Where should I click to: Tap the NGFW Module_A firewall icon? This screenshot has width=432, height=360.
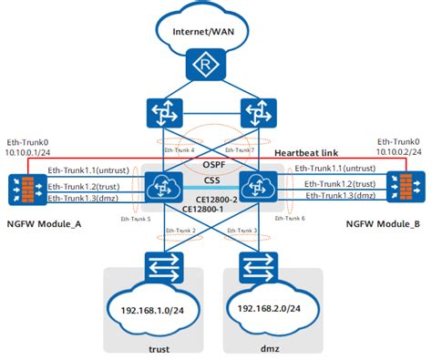pos(23,188)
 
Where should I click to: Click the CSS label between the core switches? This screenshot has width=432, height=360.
pos(216,181)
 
